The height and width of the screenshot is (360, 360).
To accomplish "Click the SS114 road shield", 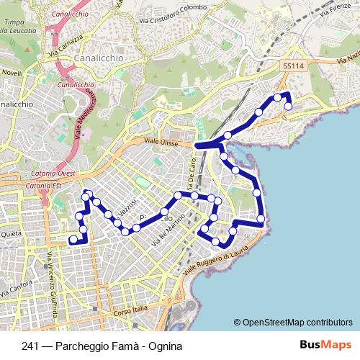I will [x=289, y=66].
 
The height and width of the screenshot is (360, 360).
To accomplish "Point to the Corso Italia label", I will [x=130, y=310].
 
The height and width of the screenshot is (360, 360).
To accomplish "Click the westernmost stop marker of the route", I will [x=73, y=240].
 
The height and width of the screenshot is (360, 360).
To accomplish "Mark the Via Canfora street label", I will [x=17, y=288].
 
